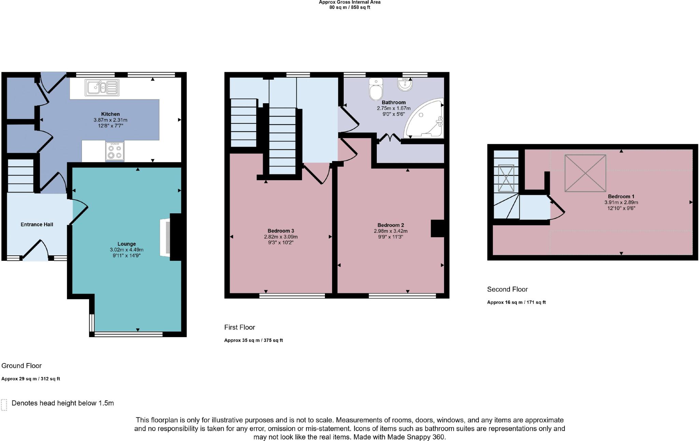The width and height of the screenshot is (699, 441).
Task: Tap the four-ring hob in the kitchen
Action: [x=115, y=151]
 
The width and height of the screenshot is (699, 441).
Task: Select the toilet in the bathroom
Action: [x=376, y=89]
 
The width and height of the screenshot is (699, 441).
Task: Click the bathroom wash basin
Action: [x=405, y=84]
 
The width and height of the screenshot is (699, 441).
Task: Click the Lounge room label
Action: [x=127, y=244]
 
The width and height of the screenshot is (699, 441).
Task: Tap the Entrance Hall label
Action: [x=37, y=224]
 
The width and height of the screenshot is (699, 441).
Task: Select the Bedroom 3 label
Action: [x=281, y=231]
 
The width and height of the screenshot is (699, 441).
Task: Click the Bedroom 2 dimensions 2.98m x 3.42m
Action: [x=391, y=231]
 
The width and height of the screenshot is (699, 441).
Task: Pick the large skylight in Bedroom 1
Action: [x=585, y=173]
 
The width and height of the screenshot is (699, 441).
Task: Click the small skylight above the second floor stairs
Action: [x=506, y=178]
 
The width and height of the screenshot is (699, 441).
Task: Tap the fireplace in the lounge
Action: [x=165, y=237]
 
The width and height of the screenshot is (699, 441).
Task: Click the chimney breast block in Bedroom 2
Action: [x=438, y=228]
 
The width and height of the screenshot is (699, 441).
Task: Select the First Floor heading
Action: [x=240, y=327]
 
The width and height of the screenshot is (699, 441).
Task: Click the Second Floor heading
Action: [x=507, y=289]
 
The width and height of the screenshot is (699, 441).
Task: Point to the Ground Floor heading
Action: [x=22, y=365]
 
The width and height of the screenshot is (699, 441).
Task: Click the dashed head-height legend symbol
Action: [x=4, y=405]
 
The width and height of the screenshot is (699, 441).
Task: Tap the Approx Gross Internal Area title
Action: [x=349, y=2]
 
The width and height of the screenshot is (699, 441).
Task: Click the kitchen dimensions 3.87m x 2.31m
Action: [x=110, y=120]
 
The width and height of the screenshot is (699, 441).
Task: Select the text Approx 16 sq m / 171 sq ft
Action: [x=516, y=302]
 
